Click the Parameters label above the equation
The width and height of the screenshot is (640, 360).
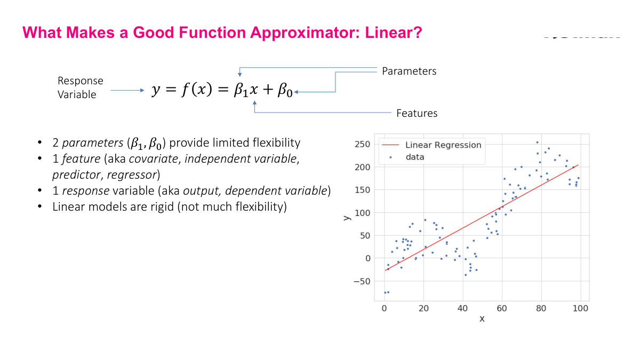pos(409,71)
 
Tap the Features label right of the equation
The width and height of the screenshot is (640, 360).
pos(417,113)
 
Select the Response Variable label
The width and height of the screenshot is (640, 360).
pos(81,87)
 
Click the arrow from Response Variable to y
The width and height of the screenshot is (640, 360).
pos(127,91)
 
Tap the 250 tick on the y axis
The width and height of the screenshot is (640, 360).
pos(363,145)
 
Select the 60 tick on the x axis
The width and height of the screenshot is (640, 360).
pos(502,308)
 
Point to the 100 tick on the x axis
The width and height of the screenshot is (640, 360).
pos(580,308)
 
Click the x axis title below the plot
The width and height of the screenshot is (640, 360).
pos(482,318)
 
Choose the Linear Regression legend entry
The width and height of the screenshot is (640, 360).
pos(443,145)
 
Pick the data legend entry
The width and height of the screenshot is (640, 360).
pos(414,157)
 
